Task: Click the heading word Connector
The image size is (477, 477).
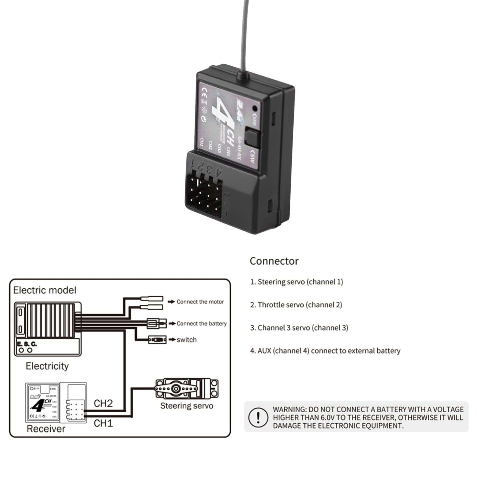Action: coord(274,261)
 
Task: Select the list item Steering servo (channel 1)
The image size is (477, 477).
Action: coord(297,282)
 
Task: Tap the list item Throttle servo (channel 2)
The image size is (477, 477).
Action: coord(296,305)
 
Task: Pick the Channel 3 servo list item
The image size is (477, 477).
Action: coord(299,328)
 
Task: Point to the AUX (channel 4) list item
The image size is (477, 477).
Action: coord(325,351)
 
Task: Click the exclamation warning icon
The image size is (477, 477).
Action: coord(258,417)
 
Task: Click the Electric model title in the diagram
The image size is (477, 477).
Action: coord(45,290)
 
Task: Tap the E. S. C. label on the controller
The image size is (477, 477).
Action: coord(27,344)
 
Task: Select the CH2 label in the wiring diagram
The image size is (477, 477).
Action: coord(103,403)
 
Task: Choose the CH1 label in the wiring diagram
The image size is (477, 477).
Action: coord(103,423)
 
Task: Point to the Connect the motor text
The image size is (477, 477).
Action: coord(200,302)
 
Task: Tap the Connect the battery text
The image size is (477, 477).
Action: coord(202,323)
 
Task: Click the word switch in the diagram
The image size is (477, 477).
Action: coord(187,340)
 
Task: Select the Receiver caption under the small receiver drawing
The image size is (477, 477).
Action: coord(46,429)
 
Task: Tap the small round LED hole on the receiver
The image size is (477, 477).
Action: coord(255,108)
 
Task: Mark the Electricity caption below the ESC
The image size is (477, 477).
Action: coord(47,366)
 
